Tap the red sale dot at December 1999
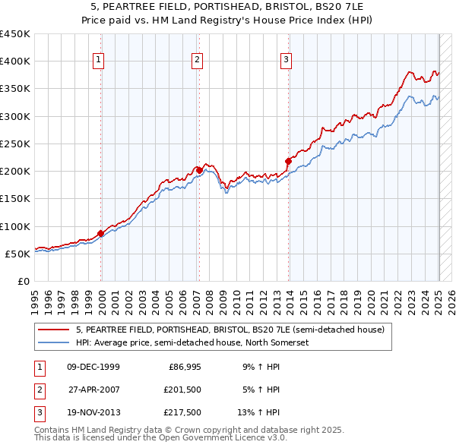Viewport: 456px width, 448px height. point(101,233)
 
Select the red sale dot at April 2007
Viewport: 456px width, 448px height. point(199,170)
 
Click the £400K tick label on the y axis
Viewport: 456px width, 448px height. point(15,62)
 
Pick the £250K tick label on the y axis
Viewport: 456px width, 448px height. point(15,144)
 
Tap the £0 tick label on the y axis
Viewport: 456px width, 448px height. point(22,281)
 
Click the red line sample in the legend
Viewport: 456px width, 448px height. point(53,330)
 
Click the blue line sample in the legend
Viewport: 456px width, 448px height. point(53,342)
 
